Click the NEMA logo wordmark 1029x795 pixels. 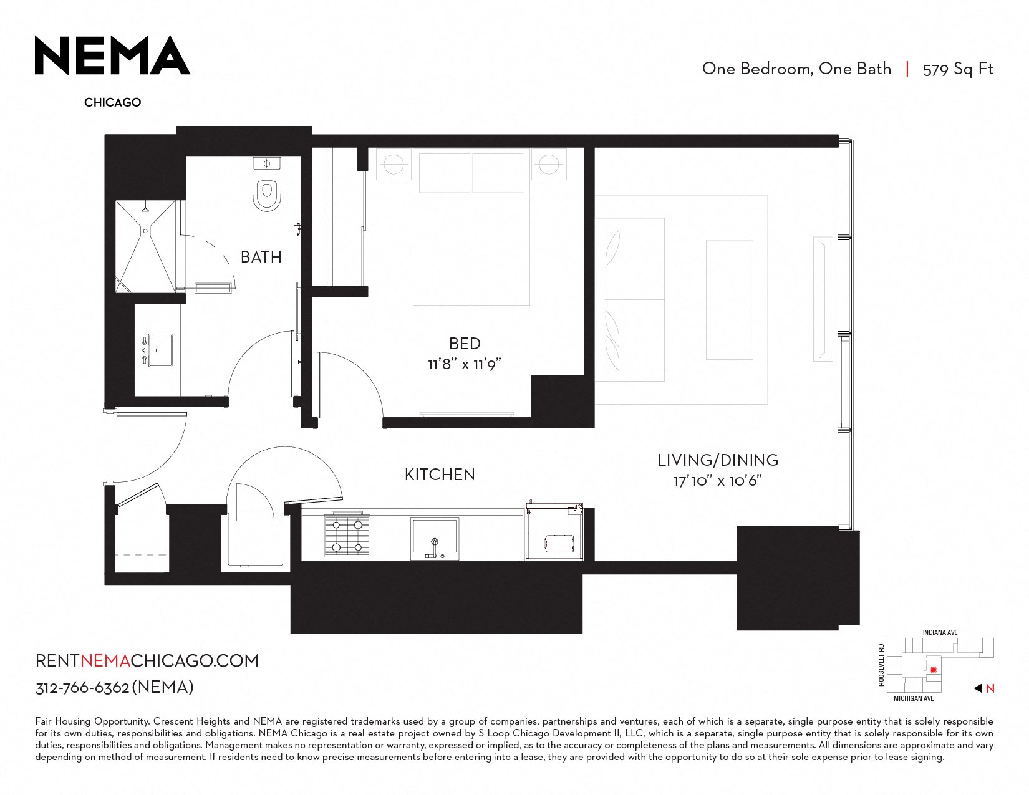point(112,55)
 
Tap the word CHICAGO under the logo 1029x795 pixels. point(112,102)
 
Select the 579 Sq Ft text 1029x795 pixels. point(957,69)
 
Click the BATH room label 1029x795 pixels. point(261,257)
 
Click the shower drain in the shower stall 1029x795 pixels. point(146,231)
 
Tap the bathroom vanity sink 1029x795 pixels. point(160,350)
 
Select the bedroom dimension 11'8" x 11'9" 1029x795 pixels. point(464,364)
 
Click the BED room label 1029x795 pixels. point(465,344)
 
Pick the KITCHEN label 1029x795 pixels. point(440,475)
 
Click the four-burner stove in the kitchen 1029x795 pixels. point(347,536)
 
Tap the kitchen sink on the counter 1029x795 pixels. point(435,539)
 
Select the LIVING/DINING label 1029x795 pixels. point(718,460)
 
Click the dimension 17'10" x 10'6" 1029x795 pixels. point(718,481)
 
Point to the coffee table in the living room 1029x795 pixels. point(729,300)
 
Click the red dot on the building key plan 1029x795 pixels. point(934,670)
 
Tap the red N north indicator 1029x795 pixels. point(990,689)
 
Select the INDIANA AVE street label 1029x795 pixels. point(940,632)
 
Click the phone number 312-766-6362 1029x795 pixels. point(82,688)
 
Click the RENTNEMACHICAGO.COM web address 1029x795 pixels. point(147,661)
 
